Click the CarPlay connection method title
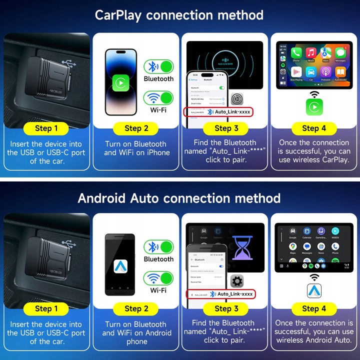(179, 15)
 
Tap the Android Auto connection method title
(179, 198)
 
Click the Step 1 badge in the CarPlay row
(46, 128)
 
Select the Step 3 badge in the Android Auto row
(223, 308)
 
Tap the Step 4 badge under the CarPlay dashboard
(314, 128)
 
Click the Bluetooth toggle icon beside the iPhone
(158, 66)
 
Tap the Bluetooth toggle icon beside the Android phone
(158, 247)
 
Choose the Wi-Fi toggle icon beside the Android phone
(158, 278)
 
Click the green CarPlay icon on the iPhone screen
(120, 82)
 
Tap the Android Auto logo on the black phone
(120, 265)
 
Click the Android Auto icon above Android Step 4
(314, 289)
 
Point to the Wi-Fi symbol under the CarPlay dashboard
(314, 93)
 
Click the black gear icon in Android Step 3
(237, 280)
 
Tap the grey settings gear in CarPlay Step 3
(237, 98)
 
